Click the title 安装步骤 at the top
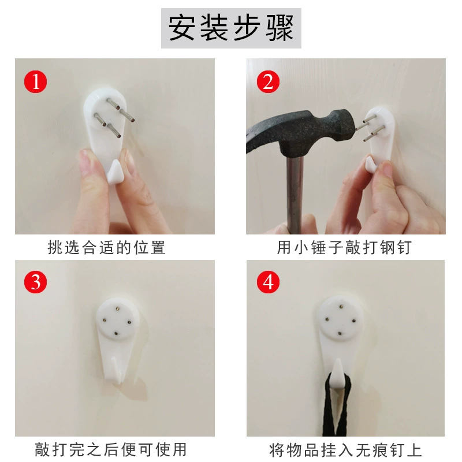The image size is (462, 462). click(231, 28)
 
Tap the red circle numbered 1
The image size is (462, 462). click(36, 81)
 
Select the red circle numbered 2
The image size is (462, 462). click(268, 81)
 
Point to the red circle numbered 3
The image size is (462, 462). click(36, 282)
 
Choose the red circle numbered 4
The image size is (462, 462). click(268, 282)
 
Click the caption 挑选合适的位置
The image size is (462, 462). click(106, 247)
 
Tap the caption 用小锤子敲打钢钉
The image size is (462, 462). click(344, 247)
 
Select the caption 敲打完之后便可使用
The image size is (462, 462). click(111, 450)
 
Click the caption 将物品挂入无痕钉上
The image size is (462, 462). click(345, 450)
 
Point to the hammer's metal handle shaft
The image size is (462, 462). click(295, 195)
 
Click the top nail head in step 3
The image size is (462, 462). click(118, 308)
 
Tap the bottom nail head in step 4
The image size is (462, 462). click(340, 334)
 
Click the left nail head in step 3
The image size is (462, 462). click(105, 319)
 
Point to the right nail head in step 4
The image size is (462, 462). click(354, 321)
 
